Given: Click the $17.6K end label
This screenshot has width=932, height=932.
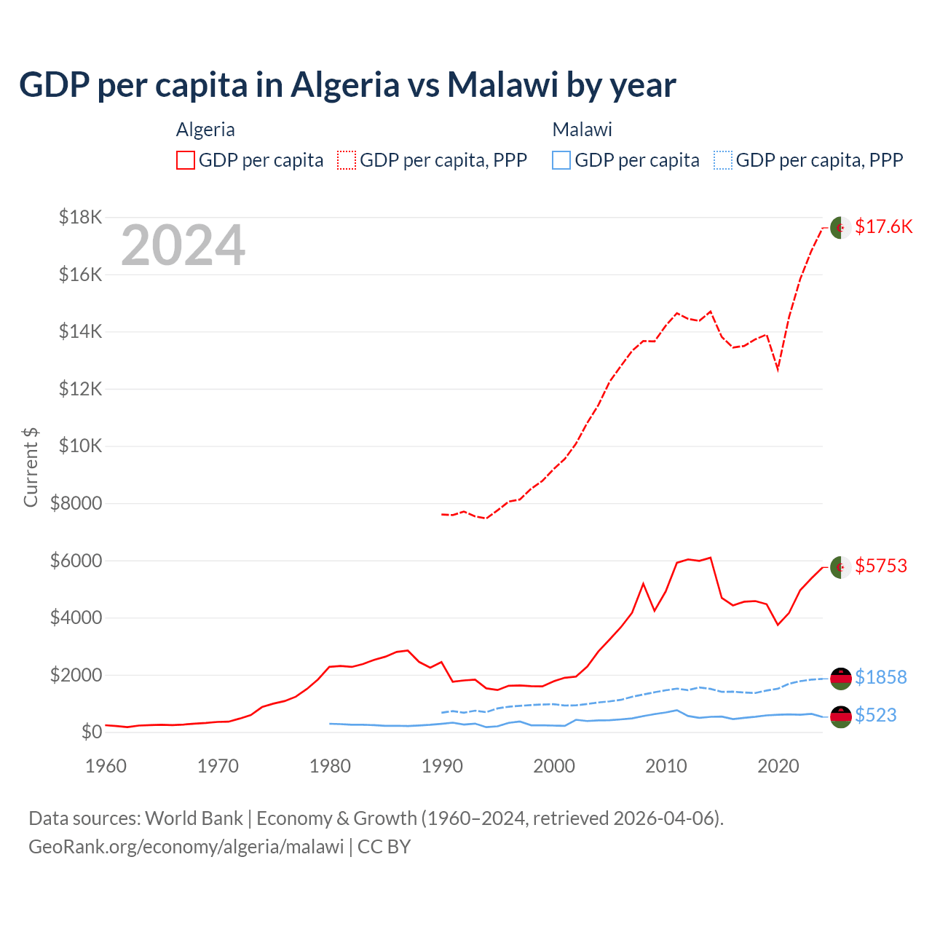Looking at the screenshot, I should [x=883, y=226].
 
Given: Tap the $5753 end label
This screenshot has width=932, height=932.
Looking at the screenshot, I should [x=881, y=566].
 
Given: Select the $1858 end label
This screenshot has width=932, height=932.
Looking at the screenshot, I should [x=880, y=677].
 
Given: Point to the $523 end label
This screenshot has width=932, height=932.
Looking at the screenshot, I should [x=875, y=715].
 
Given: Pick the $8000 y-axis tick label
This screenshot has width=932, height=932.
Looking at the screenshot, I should [x=76, y=503].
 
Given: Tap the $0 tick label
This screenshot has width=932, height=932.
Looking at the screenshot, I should [x=91, y=732].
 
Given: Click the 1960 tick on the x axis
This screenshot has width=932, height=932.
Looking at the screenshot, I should [x=106, y=766].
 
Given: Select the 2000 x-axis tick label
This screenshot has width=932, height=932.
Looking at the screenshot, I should [x=554, y=766].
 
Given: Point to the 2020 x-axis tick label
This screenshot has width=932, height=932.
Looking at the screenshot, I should [x=778, y=766].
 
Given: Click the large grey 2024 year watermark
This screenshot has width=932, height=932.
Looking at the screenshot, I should [x=183, y=245].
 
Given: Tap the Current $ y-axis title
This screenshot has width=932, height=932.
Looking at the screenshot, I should [x=31, y=467].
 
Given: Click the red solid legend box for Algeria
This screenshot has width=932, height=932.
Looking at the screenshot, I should [x=186, y=160].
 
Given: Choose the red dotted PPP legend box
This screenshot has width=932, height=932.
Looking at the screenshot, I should [x=347, y=160].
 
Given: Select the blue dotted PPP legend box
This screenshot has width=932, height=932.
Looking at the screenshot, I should [x=723, y=160].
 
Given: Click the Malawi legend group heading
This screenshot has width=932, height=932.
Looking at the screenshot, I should [x=582, y=130].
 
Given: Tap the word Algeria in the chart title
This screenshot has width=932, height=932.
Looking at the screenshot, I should [x=345, y=84].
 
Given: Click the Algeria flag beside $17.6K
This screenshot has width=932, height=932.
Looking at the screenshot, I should [x=841, y=227].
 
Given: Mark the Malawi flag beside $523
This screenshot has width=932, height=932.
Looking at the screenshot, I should [x=841, y=716].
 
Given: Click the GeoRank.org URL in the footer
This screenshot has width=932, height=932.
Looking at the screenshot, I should [x=186, y=847].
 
